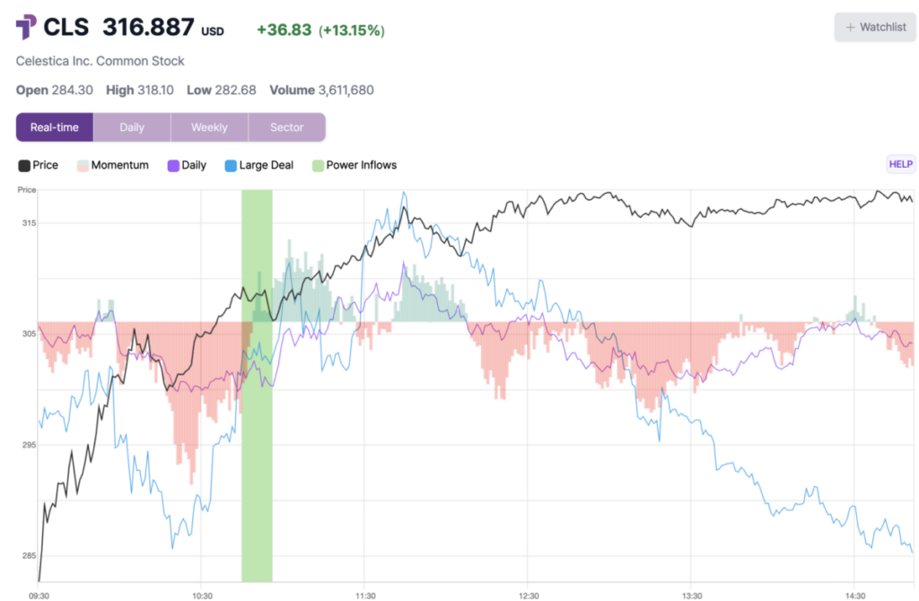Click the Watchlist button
click(x=875, y=27)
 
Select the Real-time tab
click(x=55, y=127)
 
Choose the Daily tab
click(x=132, y=127)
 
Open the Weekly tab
click(x=209, y=127)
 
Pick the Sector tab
click(x=287, y=127)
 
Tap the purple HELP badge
click(x=900, y=164)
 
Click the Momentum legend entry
click(x=113, y=165)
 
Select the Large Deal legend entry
click(x=258, y=165)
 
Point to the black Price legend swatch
click(x=23, y=165)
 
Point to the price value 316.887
click(x=148, y=27)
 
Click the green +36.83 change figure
click(x=284, y=30)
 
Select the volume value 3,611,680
click(x=346, y=90)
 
